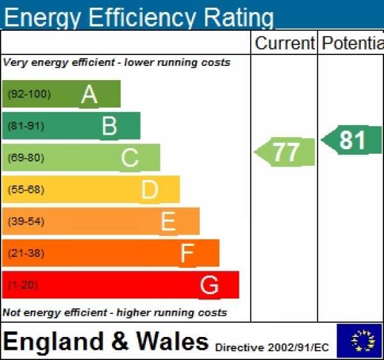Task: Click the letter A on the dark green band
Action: (x=90, y=95)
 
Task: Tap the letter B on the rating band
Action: (x=109, y=126)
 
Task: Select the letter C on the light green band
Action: (x=130, y=158)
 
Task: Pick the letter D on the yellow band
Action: (x=150, y=190)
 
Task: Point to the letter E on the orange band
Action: (x=168, y=222)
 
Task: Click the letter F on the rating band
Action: (x=187, y=254)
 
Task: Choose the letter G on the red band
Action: (x=209, y=285)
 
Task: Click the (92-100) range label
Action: (x=29, y=95)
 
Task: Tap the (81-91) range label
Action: (x=26, y=126)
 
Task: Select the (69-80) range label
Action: (x=26, y=158)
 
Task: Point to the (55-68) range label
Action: (x=26, y=190)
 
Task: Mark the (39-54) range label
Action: (x=26, y=222)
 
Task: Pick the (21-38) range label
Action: (x=26, y=254)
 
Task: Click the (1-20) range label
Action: (x=23, y=285)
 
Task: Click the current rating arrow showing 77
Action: (x=285, y=152)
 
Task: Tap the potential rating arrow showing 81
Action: (x=352, y=140)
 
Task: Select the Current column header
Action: (x=284, y=44)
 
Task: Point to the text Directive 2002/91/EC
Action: (x=272, y=348)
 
